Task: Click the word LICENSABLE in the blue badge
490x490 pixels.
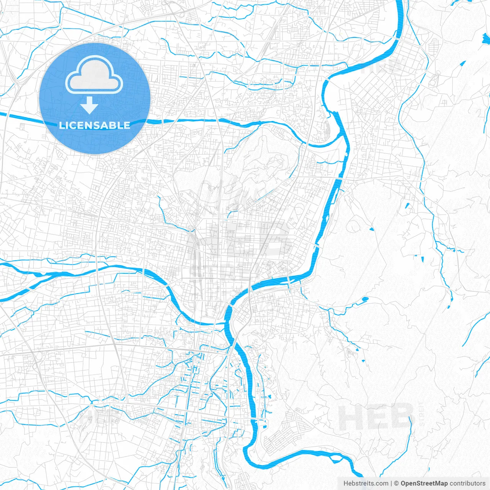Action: click(x=95, y=125)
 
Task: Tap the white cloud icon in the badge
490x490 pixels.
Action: click(x=94, y=75)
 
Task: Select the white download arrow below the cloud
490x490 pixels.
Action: click(x=89, y=105)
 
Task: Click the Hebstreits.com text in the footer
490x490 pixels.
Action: click(x=366, y=483)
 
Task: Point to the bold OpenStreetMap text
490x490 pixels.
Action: click(x=424, y=483)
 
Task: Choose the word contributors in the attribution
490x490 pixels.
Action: click(x=467, y=483)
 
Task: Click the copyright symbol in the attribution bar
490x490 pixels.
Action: click(x=397, y=483)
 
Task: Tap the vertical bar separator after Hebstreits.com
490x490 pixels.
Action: click(x=392, y=483)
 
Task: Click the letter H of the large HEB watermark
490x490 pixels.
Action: click(x=350, y=418)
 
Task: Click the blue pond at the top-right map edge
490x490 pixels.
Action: click(x=485, y=39)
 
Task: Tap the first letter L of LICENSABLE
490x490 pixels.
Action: click(x=61, y=125)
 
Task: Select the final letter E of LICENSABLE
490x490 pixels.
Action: click(x=127, y=125)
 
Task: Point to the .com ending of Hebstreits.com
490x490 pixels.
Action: click(x=382, y=483)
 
